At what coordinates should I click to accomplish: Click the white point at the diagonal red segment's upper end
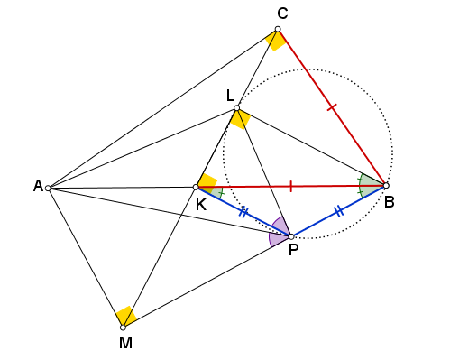[x=278, y=29]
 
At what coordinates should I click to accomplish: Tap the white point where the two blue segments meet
[x=290, y=236]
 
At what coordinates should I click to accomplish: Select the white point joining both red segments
[x=386, y=186]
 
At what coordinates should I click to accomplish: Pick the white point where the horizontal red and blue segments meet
[x=196, y=187]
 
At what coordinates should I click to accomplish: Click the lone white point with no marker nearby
[x=48, y=188]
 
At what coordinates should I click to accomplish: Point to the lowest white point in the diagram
[x=123, y=327]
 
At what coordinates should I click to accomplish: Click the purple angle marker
[x=279, y=232]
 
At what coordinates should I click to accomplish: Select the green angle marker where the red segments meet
[x=369, y=186]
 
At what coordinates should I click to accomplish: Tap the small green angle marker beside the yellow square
[x=216, y=192]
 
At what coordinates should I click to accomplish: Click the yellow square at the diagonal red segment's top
[x=276, y=41]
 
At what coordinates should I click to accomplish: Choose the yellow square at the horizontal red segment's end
[x=207, y=183]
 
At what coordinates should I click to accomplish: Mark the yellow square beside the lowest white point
[x=126, y=316]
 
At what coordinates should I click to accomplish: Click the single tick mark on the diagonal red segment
[x=332, y=107]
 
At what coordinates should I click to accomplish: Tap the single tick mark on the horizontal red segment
[x=290, y=186]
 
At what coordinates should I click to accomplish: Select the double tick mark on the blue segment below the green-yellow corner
[x=243, y=212]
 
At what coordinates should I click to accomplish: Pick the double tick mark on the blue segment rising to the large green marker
[x=338, y=212]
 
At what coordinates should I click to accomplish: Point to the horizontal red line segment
[x=325, y=186]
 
